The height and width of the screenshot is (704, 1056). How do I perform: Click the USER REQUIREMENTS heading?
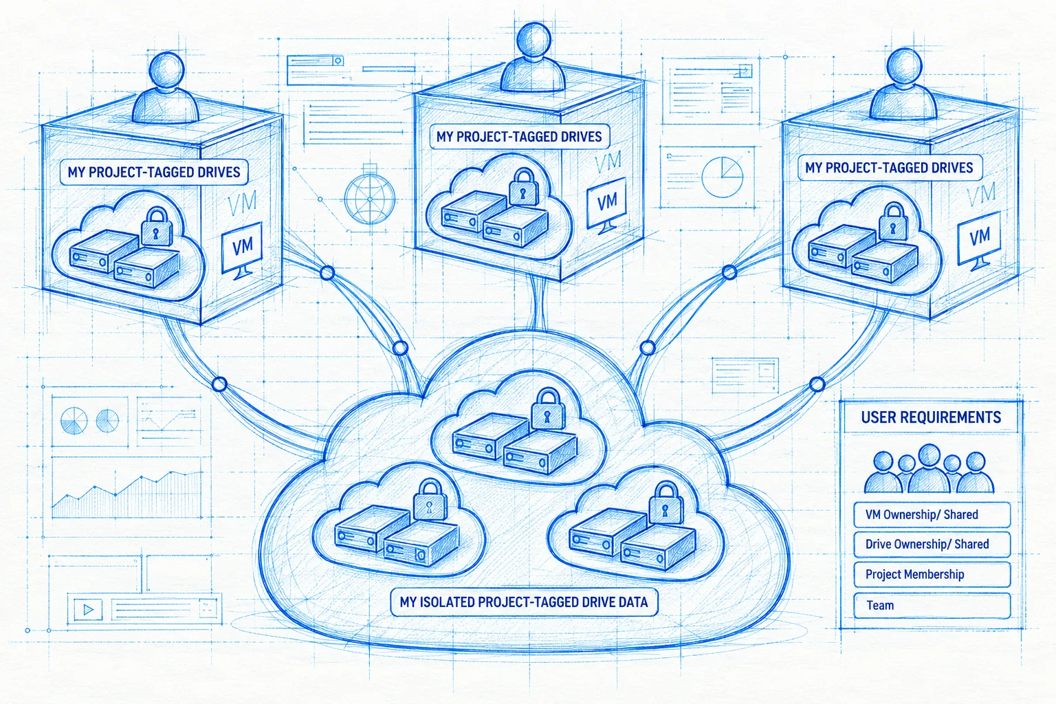931,417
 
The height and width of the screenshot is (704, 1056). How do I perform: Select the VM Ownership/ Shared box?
932,514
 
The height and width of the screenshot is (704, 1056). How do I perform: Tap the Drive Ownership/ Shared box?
932,544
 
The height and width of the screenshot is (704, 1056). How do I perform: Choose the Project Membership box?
932,574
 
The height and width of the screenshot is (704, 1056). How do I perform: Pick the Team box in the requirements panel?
932,606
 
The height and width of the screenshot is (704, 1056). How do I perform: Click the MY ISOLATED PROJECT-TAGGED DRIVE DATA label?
525,602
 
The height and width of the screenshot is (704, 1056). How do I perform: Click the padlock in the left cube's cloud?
156,227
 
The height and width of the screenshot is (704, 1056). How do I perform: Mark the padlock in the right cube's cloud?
892,222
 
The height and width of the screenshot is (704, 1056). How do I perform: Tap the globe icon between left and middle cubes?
370,199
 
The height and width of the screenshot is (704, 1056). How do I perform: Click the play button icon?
88,610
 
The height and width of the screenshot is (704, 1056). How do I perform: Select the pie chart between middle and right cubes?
723,177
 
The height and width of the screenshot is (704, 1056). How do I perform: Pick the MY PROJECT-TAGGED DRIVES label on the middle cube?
520,137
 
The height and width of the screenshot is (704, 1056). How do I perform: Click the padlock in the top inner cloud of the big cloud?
547,408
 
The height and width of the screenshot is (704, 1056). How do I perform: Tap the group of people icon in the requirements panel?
929,469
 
